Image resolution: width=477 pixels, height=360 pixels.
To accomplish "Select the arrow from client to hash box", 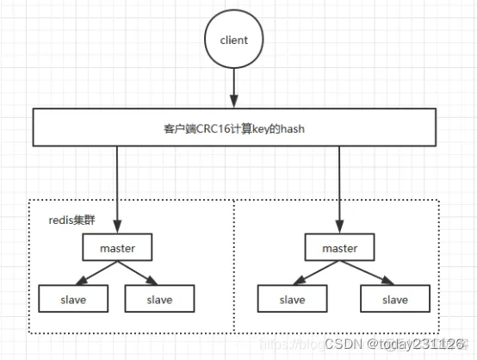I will (x=234, y=88).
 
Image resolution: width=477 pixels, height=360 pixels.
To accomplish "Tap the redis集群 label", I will (x=71, y=220).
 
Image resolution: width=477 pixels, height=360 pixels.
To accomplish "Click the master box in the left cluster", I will (x=118, y=249).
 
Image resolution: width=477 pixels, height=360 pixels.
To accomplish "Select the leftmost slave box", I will (x=72, y=300).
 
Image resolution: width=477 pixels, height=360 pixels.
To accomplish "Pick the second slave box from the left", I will (x=159, y=300).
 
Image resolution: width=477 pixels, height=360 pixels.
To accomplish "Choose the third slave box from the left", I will (x=293, y=300).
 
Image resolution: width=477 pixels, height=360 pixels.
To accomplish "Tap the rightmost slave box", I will (x=394, y=300).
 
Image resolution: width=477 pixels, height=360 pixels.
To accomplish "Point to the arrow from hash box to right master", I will (x=339, y=189).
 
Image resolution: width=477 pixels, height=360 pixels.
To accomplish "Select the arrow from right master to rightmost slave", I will (x=366, y=274).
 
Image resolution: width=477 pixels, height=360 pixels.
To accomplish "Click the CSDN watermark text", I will (x=343, y=344).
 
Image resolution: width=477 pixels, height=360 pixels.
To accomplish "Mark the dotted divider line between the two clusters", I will (x=235, y=267).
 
